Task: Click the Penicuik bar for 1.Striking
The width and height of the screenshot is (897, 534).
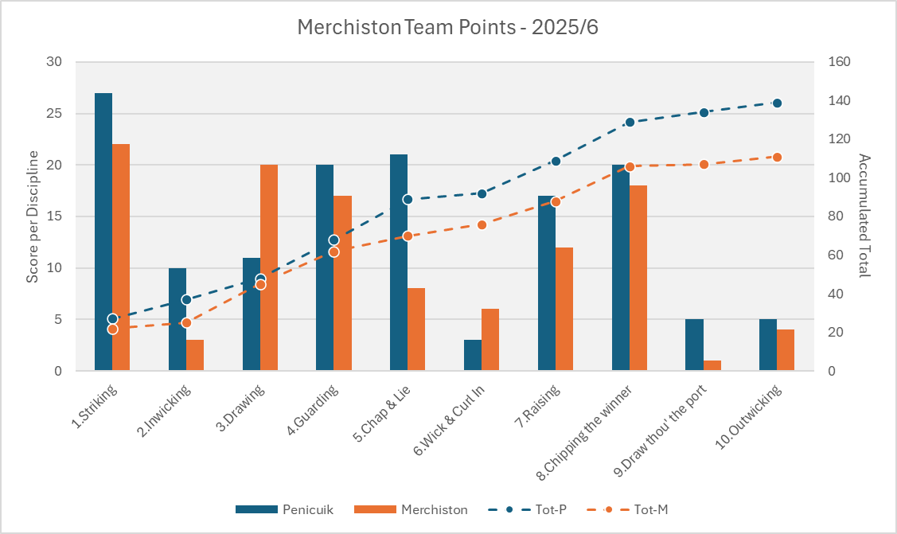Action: tap(103, 232)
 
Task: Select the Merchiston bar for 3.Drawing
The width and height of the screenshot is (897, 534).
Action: tap(269, 267)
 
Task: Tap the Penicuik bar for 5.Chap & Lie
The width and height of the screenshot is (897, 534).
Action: tap(399, 263)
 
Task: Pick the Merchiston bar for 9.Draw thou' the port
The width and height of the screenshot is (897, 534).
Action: tap(712, 365)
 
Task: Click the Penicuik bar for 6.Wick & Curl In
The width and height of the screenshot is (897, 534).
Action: tap(473, 355)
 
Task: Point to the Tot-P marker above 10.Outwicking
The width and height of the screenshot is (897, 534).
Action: tap(778, 103)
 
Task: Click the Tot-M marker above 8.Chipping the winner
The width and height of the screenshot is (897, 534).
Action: tap(630, 166)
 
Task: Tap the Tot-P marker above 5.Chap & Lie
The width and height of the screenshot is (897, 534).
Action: tap(408, 199)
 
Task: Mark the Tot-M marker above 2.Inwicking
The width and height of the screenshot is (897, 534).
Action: tap(186, 322)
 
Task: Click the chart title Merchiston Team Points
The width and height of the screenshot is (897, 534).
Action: tap(447, 27)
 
